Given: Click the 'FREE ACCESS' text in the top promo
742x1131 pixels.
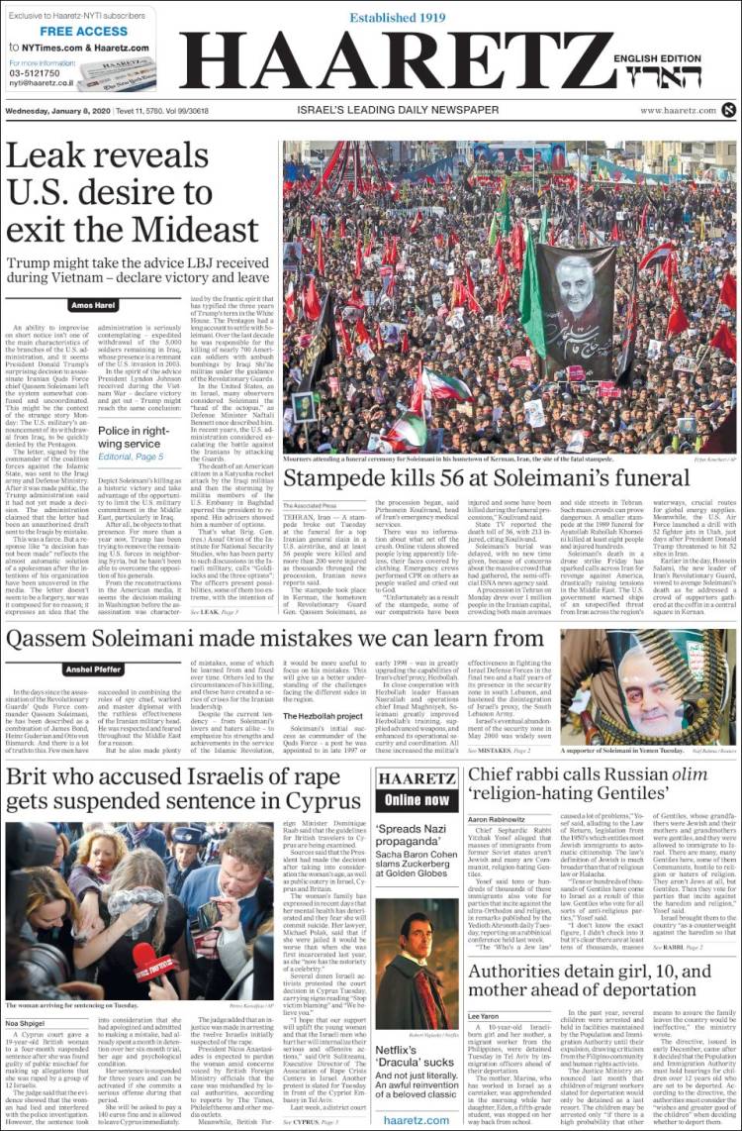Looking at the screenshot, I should (x=83, y=32).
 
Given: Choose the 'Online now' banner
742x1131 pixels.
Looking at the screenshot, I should (x=417, y=799).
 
